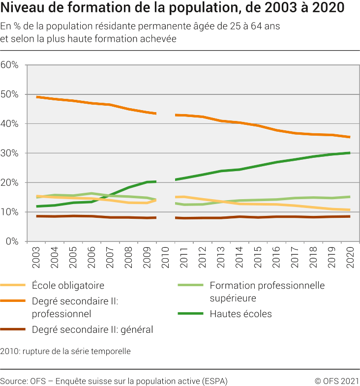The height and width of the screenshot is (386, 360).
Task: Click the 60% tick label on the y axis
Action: click(10, 65)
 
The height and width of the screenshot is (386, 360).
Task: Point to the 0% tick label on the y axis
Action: click(12, 241)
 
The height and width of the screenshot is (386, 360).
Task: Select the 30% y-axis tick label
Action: click(10, 153)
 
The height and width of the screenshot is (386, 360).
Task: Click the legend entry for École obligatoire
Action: click(68, 285)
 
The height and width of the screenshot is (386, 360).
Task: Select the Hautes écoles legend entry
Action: click(240, 314)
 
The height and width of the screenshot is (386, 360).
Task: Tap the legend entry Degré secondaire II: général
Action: click(92, 329)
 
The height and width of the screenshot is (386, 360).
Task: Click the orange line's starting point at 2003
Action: click(37, 97)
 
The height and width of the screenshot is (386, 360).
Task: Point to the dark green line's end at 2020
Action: click(350, 153)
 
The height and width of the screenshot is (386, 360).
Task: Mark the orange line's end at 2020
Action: click(350, 137)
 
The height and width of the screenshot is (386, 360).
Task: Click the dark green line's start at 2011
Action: click(176, 179)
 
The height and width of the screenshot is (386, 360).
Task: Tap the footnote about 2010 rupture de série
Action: click(65, 351)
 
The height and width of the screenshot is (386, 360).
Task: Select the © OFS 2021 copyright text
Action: click(337, 381)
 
